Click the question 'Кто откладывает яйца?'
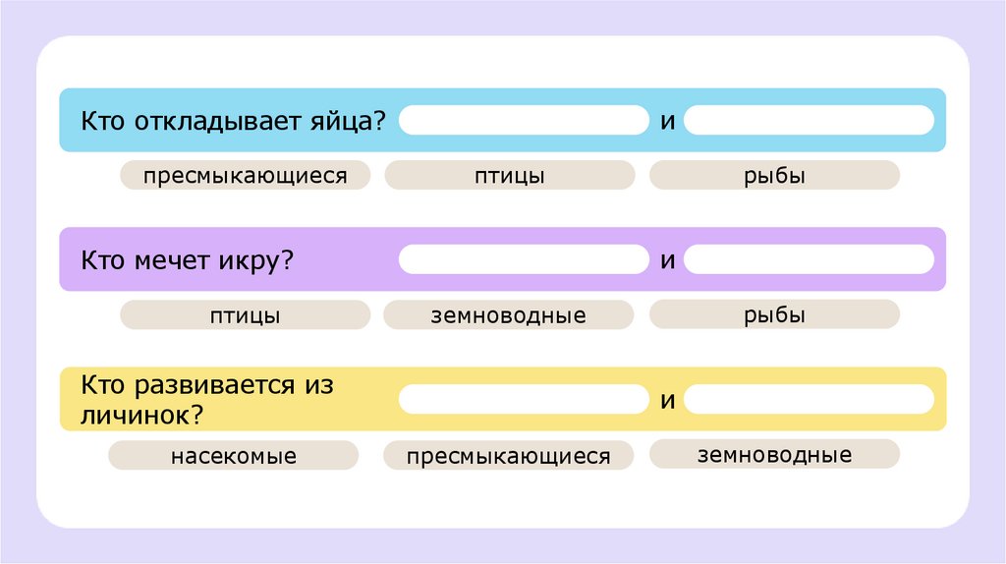(233, 122)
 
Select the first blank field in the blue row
(524, 120)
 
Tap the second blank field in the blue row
(809, 120)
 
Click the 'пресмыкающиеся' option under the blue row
(245, 176)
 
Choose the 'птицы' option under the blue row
(509, 176)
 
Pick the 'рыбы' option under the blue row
(774, 176)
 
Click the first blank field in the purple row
(524, 259)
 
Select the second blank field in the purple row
(809, 259)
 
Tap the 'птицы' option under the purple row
(245, 315)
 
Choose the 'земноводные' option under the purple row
(509, 315)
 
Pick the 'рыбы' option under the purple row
(774, 315)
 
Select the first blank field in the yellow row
(524, 399)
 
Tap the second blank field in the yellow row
(809, 399)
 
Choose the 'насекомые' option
(233, 456)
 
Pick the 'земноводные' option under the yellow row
(774, 454)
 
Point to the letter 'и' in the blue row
(666, 122)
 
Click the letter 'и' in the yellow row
(666, 401)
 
